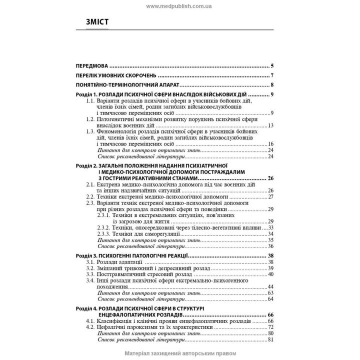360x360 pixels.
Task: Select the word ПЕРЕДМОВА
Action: (x=91, y=65)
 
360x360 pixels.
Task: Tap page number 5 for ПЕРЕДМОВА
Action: (x=271, y=65)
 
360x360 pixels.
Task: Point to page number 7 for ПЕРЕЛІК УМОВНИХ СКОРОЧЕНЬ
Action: (x=271, y=75)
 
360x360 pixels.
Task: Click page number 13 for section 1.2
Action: (x=270, y=125)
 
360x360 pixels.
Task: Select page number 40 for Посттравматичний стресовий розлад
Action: (x=270, y=274)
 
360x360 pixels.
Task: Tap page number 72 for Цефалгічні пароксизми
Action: (x=270, y=327)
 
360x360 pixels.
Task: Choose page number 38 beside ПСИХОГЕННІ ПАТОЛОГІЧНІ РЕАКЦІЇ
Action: (x=270, y=255)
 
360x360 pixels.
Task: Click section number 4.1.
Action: (x=90, y=320)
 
